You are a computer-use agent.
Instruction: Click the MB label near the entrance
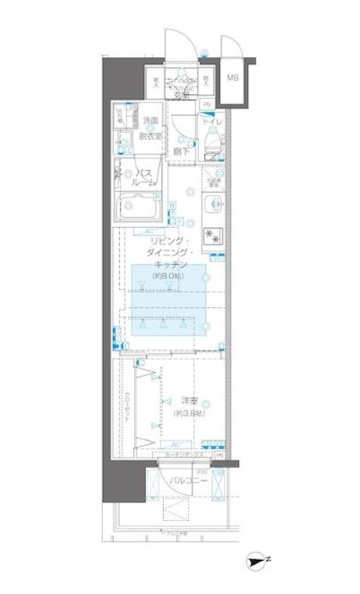coord(232,78)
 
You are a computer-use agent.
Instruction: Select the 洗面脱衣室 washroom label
coord(152,128)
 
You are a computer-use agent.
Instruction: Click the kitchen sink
coord(214,205)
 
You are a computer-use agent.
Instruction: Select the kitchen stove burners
coord(212,236)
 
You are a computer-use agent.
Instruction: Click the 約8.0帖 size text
coord(168,275)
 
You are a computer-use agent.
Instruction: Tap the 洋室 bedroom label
coord(189,400)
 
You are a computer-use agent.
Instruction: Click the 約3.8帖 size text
coord(189,413)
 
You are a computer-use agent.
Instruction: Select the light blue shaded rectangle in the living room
coord(169,299)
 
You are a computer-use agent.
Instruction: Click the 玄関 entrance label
coord(182,95)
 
